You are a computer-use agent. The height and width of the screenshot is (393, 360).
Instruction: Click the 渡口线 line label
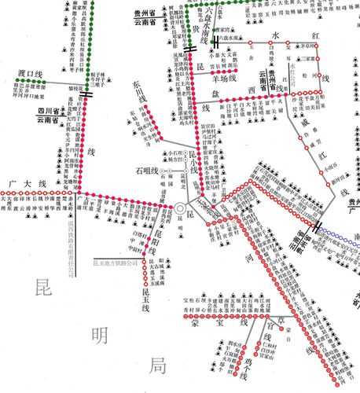click(28, 75)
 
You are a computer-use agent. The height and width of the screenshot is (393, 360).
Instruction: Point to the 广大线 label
click(24, 183)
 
